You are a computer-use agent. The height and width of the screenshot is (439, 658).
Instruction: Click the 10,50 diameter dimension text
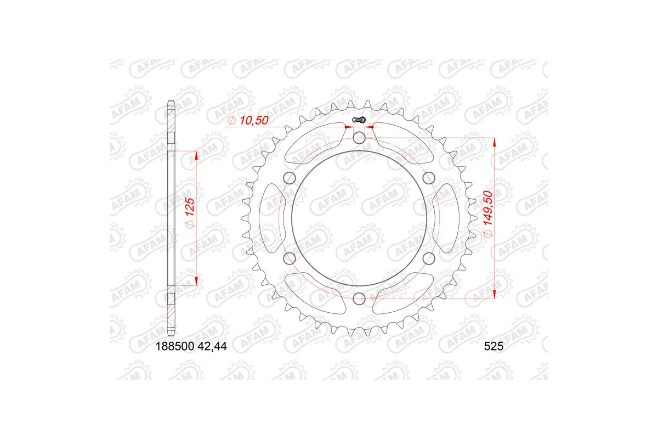point(248,121)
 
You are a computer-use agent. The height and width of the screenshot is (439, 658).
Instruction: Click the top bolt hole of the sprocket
point(359,137)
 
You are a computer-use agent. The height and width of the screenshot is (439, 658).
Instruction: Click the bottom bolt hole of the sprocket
point(359,298)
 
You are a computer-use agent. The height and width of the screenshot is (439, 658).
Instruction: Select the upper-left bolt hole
point(290,177)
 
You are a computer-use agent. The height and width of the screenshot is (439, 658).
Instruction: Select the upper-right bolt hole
point(429,177)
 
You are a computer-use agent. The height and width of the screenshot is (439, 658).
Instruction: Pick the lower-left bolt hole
point(290,258)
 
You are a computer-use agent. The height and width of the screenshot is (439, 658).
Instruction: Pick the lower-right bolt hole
point(429,258)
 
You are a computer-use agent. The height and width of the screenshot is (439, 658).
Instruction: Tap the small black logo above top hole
point(360,120)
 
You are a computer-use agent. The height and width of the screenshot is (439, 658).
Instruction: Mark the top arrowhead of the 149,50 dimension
point(495,141)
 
